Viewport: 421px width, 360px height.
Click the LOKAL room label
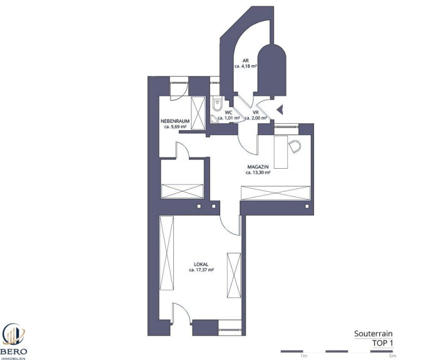pyautogui.click(x=201, y=264)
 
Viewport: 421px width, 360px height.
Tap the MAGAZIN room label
pyautogui.click(x=258, y=167)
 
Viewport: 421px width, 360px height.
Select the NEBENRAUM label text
pyautogui.click(x=175, y=121)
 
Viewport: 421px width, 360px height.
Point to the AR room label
pyautogui.click(x=245, y=61)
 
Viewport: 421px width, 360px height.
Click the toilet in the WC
pyautogui.click(x=216, y=104)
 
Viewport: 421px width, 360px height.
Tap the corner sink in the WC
pyautogui.click(x=215, y=119)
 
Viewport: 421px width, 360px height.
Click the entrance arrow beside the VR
pyautogui.click(x=280, y=109)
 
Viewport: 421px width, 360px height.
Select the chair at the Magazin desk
pyautogui.click(x=295, y=146)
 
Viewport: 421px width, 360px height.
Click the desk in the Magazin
pyautogui.click(x=281, y=152)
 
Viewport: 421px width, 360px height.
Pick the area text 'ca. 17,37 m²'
pyautogui.click(x=201, y=270)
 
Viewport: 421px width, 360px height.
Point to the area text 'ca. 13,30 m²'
pyautogui.click(x=258, y=172)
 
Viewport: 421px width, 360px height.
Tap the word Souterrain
pyautogui.click(x=373, y=334)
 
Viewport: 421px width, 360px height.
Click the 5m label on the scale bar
pyautogui.click(x=393, y=356)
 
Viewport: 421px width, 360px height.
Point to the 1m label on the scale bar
pyautogui.click(x=303, y=356)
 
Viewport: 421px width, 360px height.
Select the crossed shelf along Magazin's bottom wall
pyautogui.click(x=275, y=193)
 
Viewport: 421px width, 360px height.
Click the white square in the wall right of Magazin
pyautogui.click(x=307, y=206)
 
